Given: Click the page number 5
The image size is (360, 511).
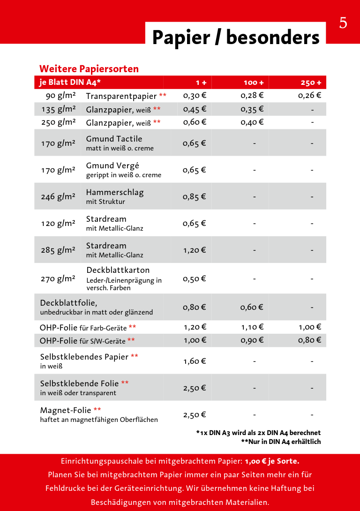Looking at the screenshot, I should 343,23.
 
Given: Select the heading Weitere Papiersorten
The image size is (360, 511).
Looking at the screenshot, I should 89,69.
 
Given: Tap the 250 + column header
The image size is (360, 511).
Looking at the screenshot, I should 311,83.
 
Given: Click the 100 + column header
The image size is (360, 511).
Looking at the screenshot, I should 254,83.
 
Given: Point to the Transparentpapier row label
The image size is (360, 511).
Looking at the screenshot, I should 121,96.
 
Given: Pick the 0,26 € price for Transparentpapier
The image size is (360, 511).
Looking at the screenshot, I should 309,96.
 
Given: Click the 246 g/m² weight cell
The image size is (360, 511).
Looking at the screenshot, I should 58,197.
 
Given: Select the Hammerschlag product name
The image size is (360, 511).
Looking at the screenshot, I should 115,192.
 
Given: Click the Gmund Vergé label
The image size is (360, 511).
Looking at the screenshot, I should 112,165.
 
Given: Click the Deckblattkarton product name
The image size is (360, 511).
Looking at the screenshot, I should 118,270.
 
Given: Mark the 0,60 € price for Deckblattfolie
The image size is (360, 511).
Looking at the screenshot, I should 252,308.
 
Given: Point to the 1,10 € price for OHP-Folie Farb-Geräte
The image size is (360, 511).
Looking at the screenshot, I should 252,327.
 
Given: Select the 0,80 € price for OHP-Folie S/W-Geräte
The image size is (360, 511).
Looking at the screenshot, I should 309,340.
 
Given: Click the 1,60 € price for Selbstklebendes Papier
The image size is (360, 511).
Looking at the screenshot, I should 195,361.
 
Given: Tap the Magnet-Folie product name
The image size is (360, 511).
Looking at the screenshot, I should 66,410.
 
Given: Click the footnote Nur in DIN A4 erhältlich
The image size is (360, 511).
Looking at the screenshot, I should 281,442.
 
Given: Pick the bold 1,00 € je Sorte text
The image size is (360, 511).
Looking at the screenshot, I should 272,461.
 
